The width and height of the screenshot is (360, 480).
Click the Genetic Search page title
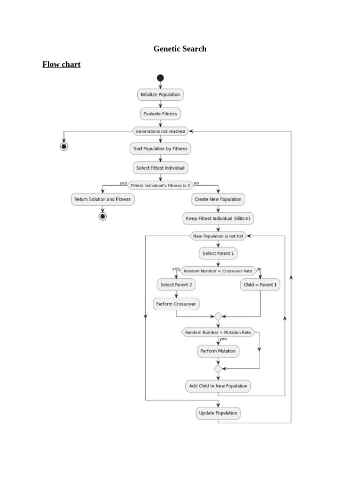click(x=180, y=49)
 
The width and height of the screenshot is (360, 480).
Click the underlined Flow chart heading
click(x=61, y=64)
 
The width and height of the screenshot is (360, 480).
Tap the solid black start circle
click(x=160, y=78)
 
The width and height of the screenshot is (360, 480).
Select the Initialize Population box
click(x=160, y=95)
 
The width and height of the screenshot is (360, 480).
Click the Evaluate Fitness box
click(x=160, y=114)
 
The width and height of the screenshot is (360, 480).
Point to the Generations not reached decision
click(x=160, y=131)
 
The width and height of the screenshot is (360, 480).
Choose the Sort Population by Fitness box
click(x=160, y=149)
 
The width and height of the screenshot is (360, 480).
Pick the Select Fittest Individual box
click(x=160, y=168)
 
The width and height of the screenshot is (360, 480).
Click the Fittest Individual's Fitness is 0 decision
click(x=160, y=185)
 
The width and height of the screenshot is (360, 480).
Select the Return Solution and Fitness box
click(x=103, y=199)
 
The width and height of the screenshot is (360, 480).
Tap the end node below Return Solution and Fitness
click(x=103, y=216)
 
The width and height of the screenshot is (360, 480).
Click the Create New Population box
click(x=218, y=199)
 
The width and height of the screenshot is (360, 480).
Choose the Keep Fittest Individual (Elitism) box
click(x=218, y=218)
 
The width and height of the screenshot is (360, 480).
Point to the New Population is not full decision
click(x=218, y=236)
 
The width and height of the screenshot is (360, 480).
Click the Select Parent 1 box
click(x=218, y=254)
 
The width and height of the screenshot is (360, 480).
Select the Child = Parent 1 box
click(x=260, y=285)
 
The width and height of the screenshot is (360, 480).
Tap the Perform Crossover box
click(x=176, y=304)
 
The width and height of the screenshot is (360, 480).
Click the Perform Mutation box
click(x=218, y=351)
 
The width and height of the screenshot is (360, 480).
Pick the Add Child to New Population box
click(x=218, y=386)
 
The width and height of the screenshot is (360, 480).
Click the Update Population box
click(x=218, y=413)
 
